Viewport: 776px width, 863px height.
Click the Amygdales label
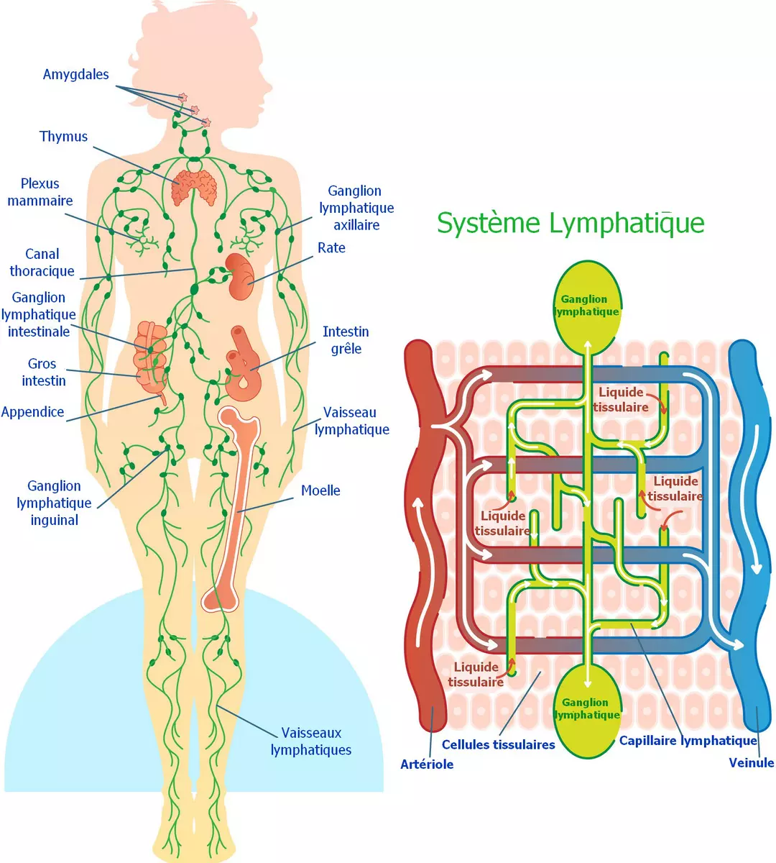pyautogui.click(x=75, y=75)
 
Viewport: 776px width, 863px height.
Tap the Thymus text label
pyautogui.click(x=63, y=137)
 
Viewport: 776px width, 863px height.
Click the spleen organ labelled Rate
pyautogui.click(x=241, y=277)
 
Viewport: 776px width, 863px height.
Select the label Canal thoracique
pyautogui.click(x=42, y=262)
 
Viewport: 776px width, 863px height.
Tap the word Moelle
pyautogui.click(x=320, y=490)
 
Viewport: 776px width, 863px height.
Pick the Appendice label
pyautogui.click(x=32, y=412)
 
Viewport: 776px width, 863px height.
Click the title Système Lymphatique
pyautogui.click(x=571, y=223)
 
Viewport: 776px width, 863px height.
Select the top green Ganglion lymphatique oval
pyautogui.click(x=586, y=306)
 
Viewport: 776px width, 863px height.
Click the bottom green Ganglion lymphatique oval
pyautogui.click(x=587, y=709)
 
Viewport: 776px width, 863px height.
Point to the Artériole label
pyautogui.click(x=427, y=764)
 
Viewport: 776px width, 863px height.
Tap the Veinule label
pyautogui.click(x=751, y=763)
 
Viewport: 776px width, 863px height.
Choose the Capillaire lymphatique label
pyautogui.click(x=688, y=741)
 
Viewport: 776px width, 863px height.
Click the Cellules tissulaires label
pyautogui.click(x=498, y=745)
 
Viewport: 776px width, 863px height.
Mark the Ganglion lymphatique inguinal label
pyautogui.click(x=54, y=503)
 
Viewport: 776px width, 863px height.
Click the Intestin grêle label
pyautogui.click(x=346, y=340)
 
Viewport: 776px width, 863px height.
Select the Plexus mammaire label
pyautogui.click(x=40, y=192)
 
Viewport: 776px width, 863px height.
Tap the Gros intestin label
pyautogui.click(x=43, y=372)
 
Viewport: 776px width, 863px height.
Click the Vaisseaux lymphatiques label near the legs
pyautogui.click(x=310, y=741)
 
